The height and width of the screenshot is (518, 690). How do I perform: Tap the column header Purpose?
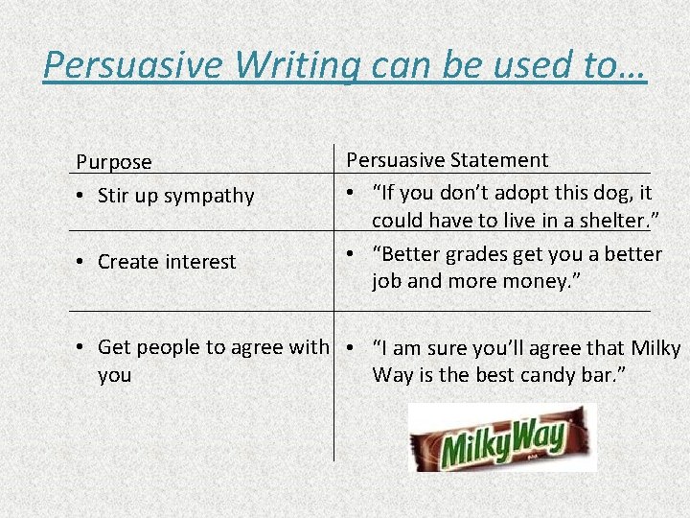tap(114, 162)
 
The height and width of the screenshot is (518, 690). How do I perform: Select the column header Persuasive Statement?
tap(447, 160)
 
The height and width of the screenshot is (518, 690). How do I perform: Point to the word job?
tap(387, 282)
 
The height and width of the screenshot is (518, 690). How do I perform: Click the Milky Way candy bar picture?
tap(502, 437)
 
